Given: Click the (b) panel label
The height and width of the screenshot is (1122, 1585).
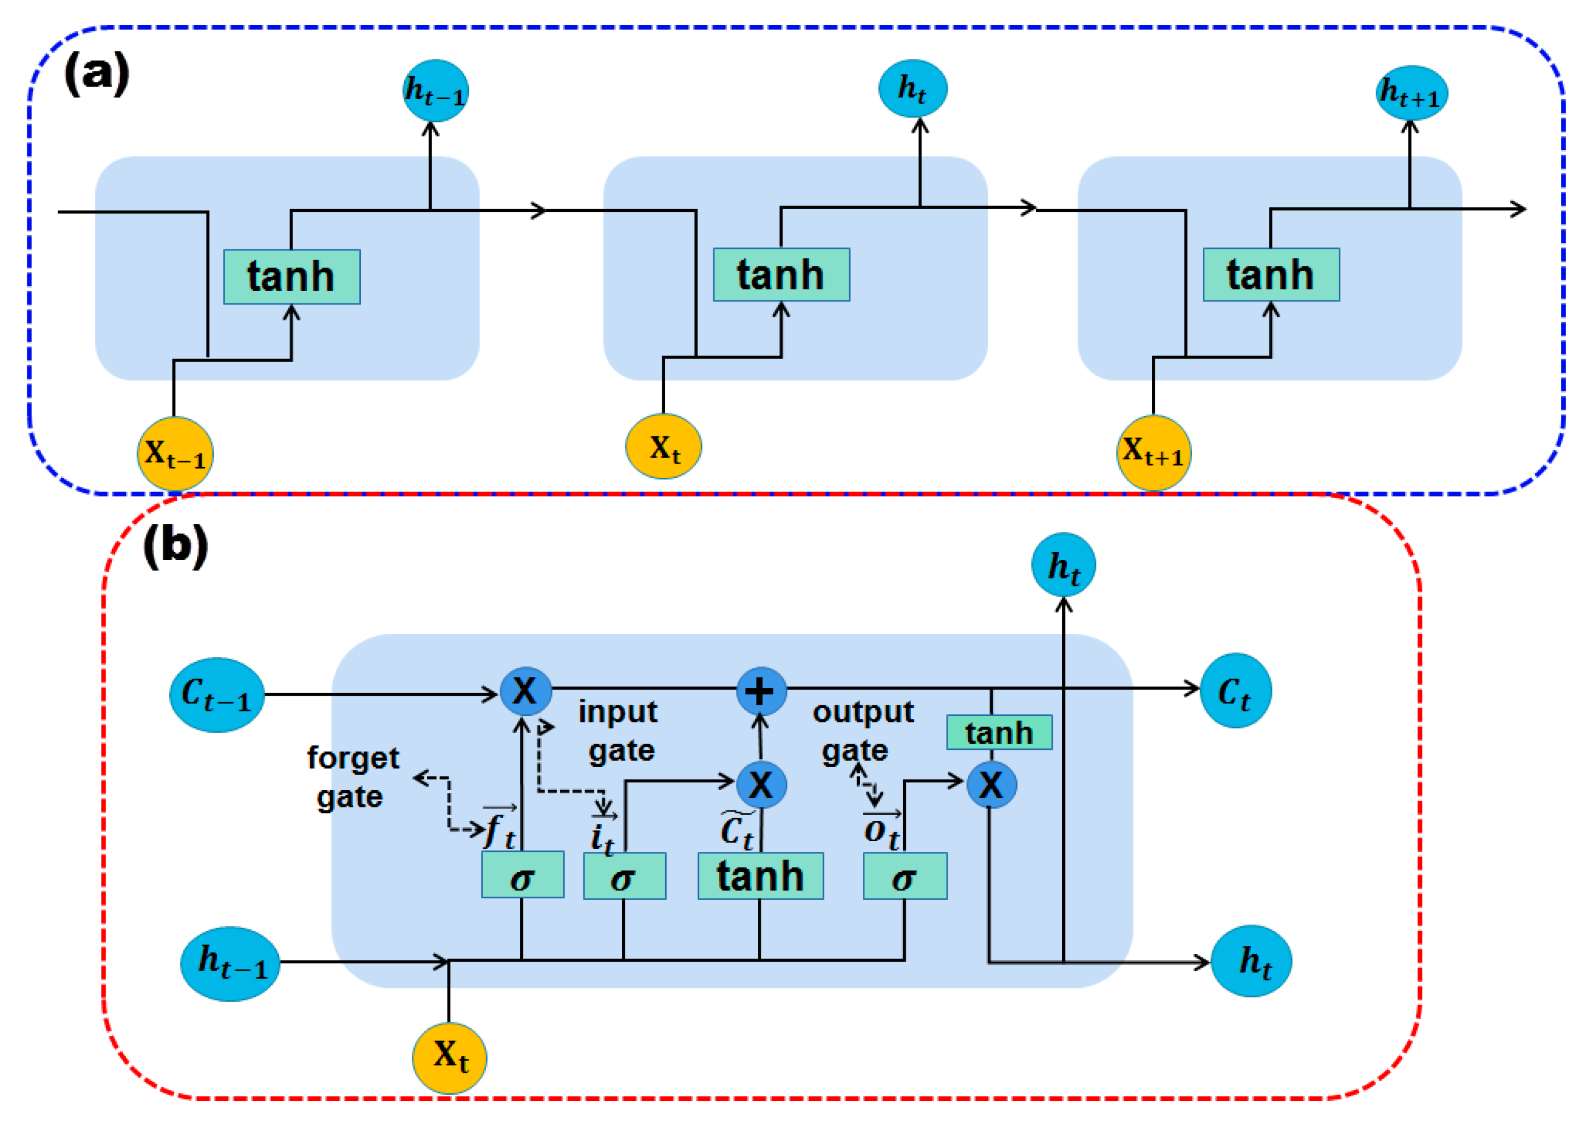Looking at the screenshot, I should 176,545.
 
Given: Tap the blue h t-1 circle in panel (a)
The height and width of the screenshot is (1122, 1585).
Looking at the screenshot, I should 436,90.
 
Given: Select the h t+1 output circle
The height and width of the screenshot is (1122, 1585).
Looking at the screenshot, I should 1411,93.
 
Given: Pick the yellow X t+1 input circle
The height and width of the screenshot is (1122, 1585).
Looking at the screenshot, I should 1154,452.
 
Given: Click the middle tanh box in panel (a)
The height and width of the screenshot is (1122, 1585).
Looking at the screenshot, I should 781,275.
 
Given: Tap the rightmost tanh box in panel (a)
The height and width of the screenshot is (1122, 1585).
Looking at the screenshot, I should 1270,275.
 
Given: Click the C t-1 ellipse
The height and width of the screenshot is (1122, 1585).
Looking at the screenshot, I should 217,695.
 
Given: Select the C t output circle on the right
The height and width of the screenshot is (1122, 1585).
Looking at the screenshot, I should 1235,690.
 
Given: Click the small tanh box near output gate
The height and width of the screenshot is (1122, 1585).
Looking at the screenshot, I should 999,733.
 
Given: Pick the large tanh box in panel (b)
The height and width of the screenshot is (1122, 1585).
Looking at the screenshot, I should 760,876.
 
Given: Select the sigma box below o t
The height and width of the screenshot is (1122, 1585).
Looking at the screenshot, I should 905,876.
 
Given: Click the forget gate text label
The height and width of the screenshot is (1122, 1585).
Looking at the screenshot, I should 352,777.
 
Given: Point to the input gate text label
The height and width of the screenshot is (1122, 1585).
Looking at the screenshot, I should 619,730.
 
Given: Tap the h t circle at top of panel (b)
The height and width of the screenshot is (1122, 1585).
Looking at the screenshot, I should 1063,565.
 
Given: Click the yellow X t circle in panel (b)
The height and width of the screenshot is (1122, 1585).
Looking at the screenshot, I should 450,1057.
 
